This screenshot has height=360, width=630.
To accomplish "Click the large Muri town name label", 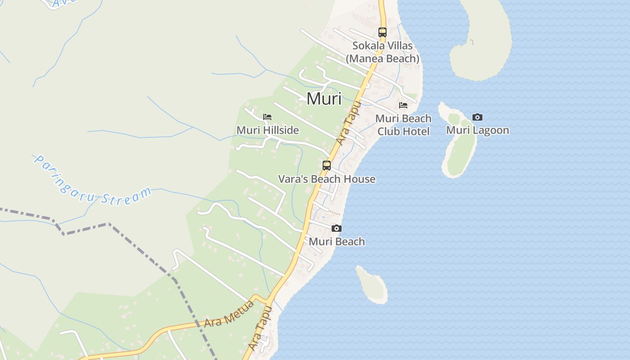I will tap(324, 99).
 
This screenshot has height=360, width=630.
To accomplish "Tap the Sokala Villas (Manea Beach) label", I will tap(382, 52).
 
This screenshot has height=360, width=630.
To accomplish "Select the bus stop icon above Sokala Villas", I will tap(382, 32).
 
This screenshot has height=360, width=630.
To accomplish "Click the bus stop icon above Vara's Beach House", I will tap(327, 165).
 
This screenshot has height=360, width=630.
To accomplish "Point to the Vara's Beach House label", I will tap(327, 179).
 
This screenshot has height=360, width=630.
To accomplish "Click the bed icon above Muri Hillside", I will tap(267, 117).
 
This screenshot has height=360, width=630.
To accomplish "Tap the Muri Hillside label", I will tap(267, 130).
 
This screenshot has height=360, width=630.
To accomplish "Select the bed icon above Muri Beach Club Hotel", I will tap(403, 105).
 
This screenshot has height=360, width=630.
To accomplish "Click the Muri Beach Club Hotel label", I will tap(403, 125).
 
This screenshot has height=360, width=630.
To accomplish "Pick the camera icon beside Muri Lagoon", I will tap(477, 117).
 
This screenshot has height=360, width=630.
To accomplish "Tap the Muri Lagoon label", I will tap(477, 130).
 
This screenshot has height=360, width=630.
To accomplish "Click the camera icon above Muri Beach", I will tap(337, 229).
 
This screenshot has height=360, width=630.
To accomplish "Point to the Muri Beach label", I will tap(337, 242).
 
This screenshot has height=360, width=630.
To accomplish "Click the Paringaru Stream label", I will tap(92, 181).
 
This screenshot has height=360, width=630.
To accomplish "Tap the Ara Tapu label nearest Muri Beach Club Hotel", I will tap(349, 124).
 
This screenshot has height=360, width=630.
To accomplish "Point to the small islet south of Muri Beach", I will tap(372, 284).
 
